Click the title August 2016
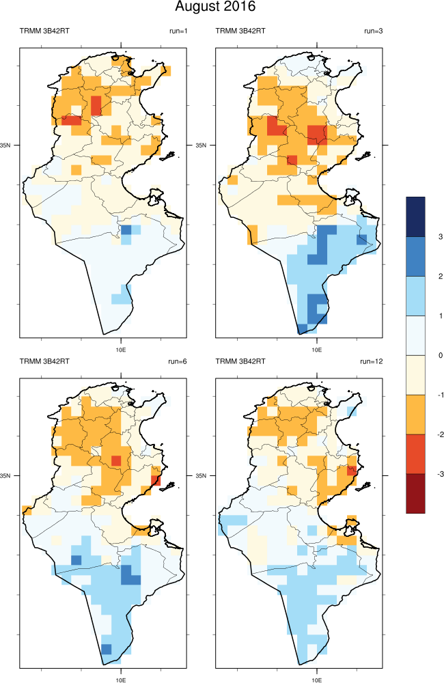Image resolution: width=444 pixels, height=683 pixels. pyautogui.click(x=215, y=8)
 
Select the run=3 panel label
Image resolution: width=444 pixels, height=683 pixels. pyautogui.click(x=373, y=31)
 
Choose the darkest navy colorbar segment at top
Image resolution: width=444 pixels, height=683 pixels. pyautogui.click(x=415, y=217)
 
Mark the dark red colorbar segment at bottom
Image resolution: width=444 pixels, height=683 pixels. pyautogui.click(x=415, y=493)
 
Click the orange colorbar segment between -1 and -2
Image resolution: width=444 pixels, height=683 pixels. pyautogui.click(x=415, y=414)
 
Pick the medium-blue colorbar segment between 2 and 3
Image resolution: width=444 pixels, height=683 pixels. pyautogui.click(x=415, y=256)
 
